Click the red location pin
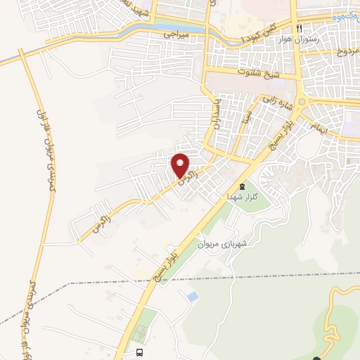pos(181,165)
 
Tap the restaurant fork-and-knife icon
pos(299,29)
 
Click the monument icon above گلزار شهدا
pos(242,186)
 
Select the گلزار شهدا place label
pos(243,198)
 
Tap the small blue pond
pos(192,297)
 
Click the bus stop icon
pos(139,352)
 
